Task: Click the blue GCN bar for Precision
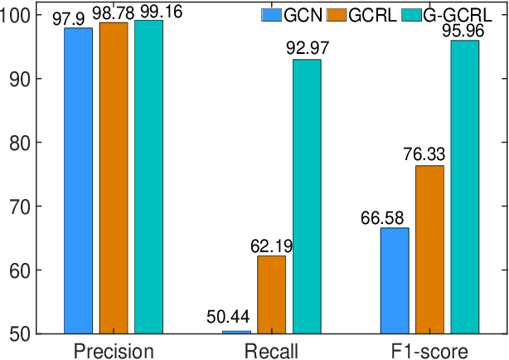[79, 180]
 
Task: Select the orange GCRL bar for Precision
[114, 178]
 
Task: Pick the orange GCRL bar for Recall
[271, 294]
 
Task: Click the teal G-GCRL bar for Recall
[306, 196]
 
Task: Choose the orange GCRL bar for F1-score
[429, 249]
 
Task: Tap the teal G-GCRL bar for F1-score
[464, 187]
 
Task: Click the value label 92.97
[307, 48]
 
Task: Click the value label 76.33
[429, 154]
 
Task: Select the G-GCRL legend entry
[451, 14]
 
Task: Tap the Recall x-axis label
[271, 350]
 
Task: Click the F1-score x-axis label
[429, 350]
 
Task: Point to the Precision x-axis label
[114, 350]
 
